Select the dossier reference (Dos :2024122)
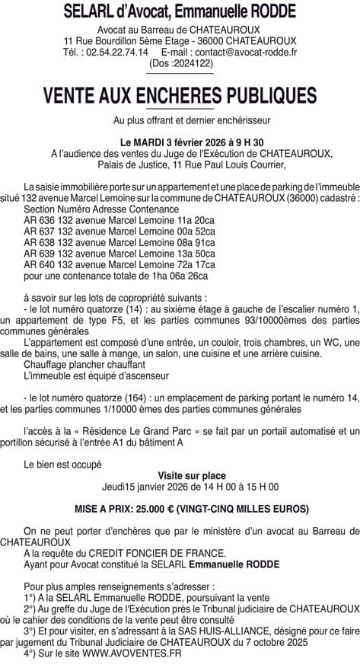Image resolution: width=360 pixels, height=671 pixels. coord(181,64)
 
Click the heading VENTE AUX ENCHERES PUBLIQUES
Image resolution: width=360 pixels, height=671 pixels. coord(180,95)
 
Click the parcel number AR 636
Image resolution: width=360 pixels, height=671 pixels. coord(37,219)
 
